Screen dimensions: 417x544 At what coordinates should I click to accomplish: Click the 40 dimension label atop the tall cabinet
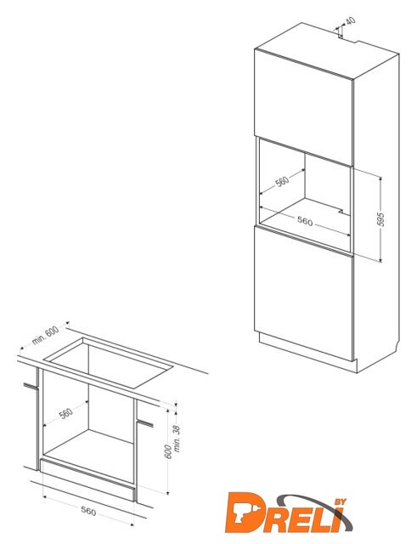pyautogui.click(x=351, y=20)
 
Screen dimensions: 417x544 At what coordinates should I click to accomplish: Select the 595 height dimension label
pyautogui.click(x=380, y=219)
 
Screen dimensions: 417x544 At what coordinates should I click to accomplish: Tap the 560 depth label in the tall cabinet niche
pyautogui.click(x=282, y=181)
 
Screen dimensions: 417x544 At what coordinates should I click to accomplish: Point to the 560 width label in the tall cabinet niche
pyautogui.click(x=305, y=221)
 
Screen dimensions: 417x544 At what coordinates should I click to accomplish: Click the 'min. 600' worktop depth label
pyautogui.click(x=46, y=336)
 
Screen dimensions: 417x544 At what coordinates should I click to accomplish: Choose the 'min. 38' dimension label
pyautogui.click(x=177, y=439)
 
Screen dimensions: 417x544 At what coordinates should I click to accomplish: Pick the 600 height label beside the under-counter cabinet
pyautogui.click(x=168, y=451)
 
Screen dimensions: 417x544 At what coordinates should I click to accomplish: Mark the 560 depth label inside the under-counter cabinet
pyautogui.click(x=66, y=413)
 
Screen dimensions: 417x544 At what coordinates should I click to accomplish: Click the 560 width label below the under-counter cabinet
pyautogui.click(x=88, y=511)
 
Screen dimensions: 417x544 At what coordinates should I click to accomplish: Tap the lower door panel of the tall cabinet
pyautogui.click(x=303, y=294)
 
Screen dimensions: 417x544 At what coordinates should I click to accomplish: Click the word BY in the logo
pyautogui.click(x=340, y=502)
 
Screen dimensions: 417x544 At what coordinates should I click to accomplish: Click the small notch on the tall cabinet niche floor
pyautogui.click(x=341, y=210)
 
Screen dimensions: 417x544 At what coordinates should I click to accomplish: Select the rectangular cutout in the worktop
pyautogui.click(x=109, y=362)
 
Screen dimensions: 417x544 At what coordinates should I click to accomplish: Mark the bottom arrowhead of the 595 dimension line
pyautogui.click(x=380, y=259)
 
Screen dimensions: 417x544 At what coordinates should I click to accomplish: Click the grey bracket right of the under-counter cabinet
pyautogui.click(x=145, y=423)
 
